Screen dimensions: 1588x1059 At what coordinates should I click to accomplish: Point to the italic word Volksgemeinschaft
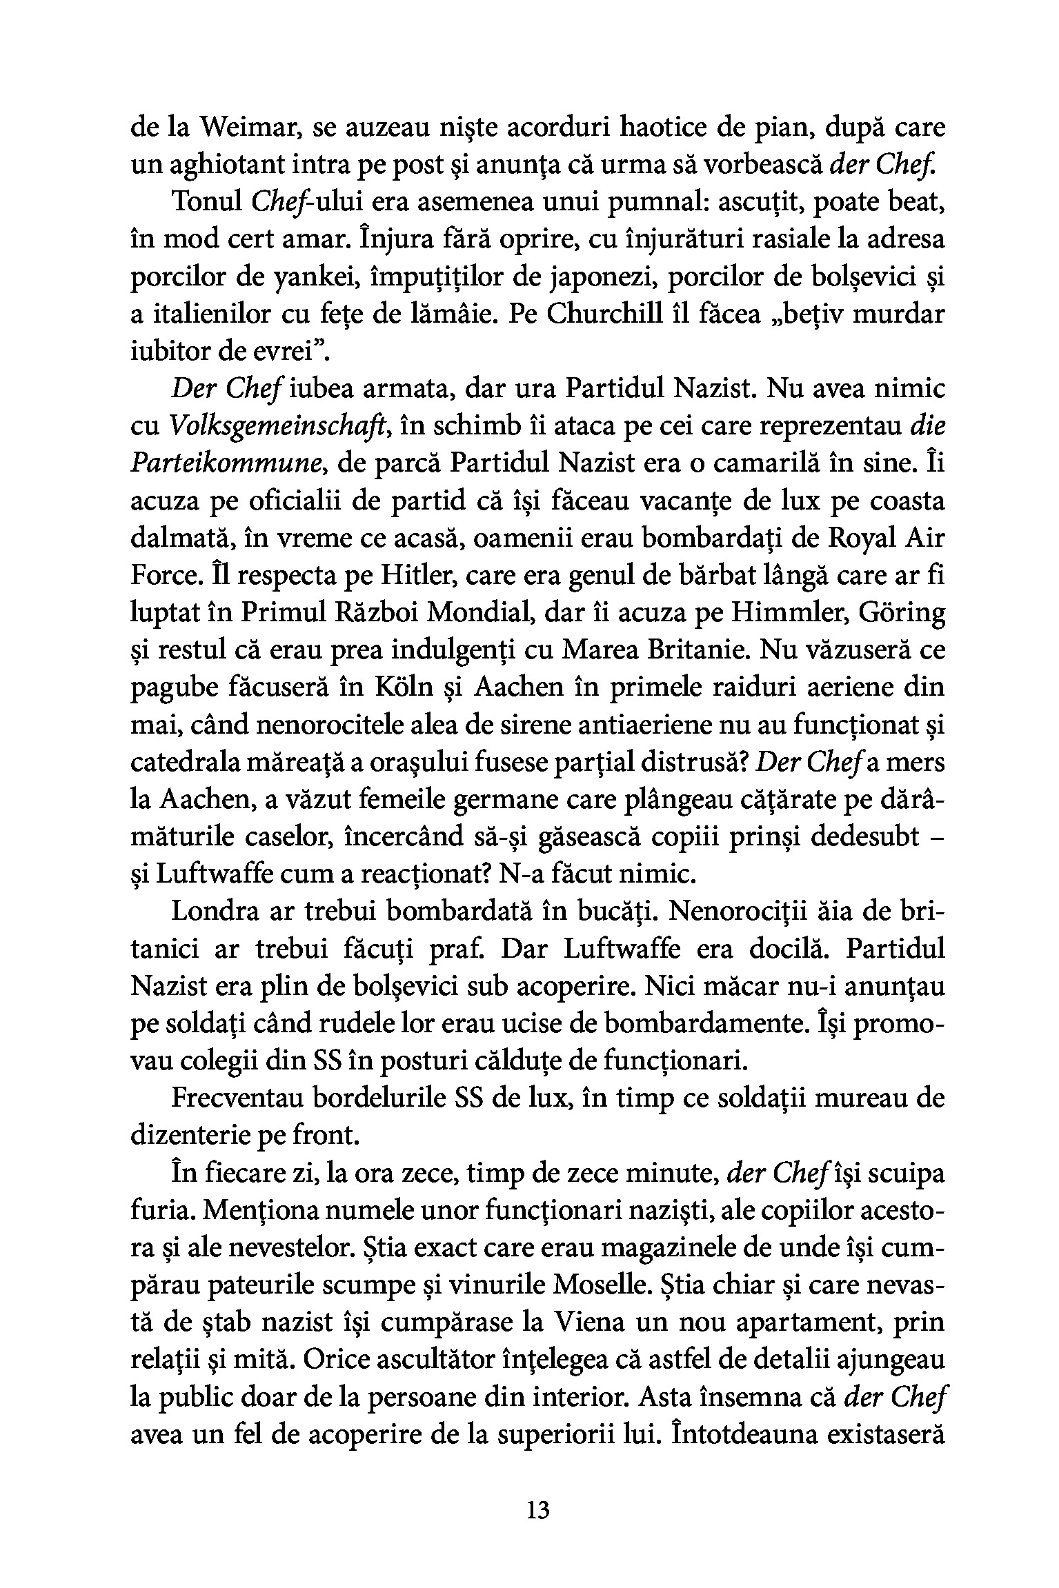(x=280, y=428)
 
